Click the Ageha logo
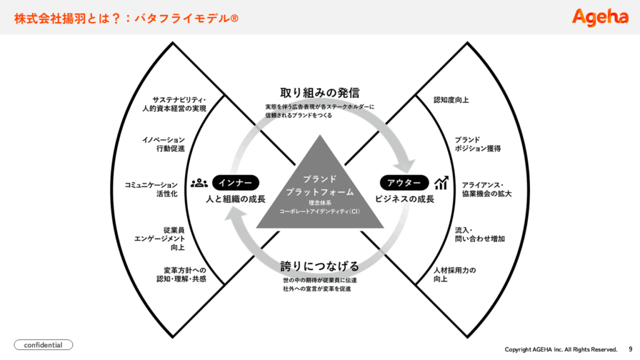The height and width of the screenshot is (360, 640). [x=600, y=17]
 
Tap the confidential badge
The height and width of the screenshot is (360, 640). [x=43, y=344]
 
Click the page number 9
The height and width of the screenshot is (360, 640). [x=630, y=349]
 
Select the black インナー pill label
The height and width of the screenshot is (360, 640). [x=236, y=182]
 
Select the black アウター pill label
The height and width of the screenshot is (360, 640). [x=404, y=182]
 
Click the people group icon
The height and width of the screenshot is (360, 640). [x=199, y=182]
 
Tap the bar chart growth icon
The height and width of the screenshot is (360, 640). [x=442, y=182]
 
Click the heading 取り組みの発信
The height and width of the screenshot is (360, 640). [x=320, y=93]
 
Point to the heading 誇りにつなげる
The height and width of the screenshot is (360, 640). [x=320, y=266]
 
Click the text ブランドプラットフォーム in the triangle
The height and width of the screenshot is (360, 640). [x=320, y=186]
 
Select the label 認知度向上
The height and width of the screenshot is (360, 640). [x=451, y=99]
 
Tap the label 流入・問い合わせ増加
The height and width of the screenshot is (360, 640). [x=479, y=234]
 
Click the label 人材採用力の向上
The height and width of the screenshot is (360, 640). [x=455, y=274]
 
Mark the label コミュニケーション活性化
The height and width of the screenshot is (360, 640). [x=151, y=189]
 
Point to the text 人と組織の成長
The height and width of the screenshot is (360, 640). [x=236, y=200]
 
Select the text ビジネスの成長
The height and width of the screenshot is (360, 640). [x=404, y=200]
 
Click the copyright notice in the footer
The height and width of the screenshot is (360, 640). [x=561, y=349]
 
